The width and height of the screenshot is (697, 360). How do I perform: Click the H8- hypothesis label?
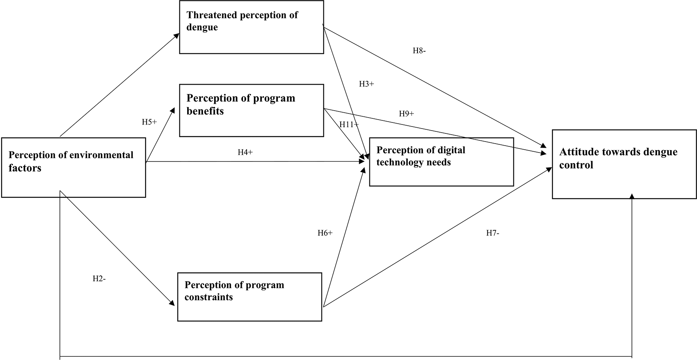(419, 51)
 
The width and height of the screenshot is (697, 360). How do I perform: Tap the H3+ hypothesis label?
(366, 84)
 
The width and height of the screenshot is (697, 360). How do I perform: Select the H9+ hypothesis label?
(406, 114)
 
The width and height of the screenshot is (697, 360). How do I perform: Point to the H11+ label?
(349, 125)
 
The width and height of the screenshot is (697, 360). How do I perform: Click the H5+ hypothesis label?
(149, 122)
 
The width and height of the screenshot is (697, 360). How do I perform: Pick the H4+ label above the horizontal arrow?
(245, 153)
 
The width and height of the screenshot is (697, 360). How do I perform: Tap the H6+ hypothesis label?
(325, 233)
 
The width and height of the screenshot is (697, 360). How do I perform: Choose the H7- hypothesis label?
(493, 233)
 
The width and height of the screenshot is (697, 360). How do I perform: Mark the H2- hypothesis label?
(99, 279)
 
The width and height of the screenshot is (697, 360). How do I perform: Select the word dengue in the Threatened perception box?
(202, 27)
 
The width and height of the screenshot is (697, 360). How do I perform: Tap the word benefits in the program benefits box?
(205, 111)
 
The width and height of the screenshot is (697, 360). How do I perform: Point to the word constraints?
(209, 297)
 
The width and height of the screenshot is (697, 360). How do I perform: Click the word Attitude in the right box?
(577, 152)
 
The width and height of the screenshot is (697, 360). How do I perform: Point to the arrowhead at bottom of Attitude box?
(632, 196)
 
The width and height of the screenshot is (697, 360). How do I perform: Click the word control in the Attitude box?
(576, 165)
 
